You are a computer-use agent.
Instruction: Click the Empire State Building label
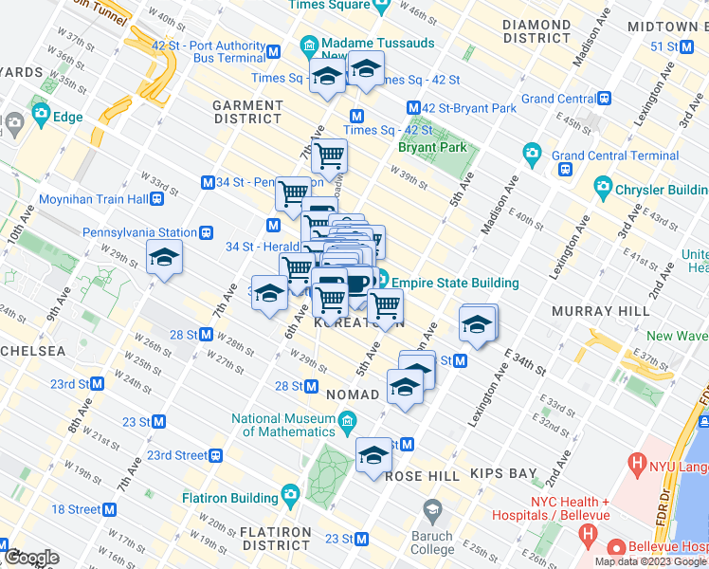[455, 283]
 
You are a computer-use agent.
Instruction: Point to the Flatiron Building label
[229, 497]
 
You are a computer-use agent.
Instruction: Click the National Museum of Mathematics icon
[348, 420]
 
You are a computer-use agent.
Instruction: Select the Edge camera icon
[41, 117]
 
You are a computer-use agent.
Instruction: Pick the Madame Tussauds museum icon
[309, 46]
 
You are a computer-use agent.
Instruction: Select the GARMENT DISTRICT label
[247, 111]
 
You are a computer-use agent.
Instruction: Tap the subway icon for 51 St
[700, 46]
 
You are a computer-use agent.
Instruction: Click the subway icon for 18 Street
[111, 509]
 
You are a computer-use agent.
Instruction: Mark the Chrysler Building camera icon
[601, 186]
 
